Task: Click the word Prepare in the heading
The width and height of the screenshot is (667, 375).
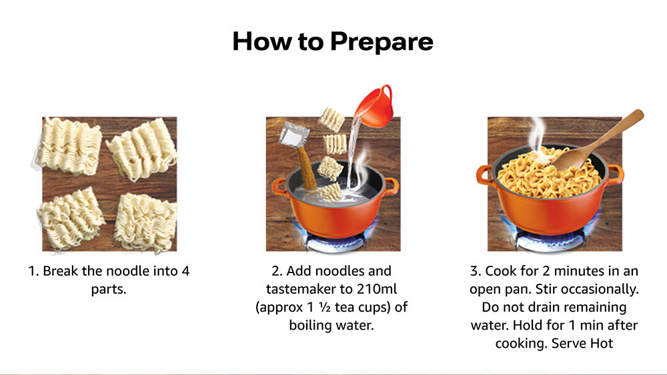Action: (381, 42)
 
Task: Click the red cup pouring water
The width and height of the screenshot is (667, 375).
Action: (375, 105)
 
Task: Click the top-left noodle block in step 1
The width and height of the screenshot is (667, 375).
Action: (69, 146)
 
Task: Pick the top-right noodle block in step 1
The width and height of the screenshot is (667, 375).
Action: (142, 149)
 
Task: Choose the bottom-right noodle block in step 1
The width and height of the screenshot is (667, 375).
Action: (145, 222)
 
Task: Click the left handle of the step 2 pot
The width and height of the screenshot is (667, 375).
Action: (279, 187)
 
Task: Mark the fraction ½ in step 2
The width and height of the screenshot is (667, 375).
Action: (325, 308)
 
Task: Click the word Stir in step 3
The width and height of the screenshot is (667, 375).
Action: (546, 289)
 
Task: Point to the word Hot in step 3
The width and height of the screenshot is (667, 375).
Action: (601, 343)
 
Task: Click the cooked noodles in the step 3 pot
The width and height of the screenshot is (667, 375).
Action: (549, 173)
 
